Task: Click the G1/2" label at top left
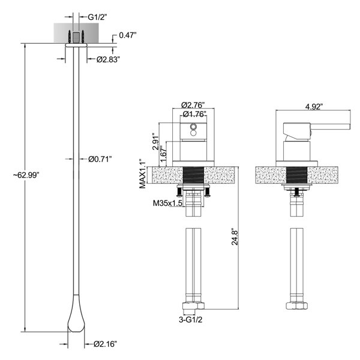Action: tap(97, 18)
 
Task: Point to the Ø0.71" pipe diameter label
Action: tap(100, 159)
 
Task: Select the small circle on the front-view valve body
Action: tap(192, 127)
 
